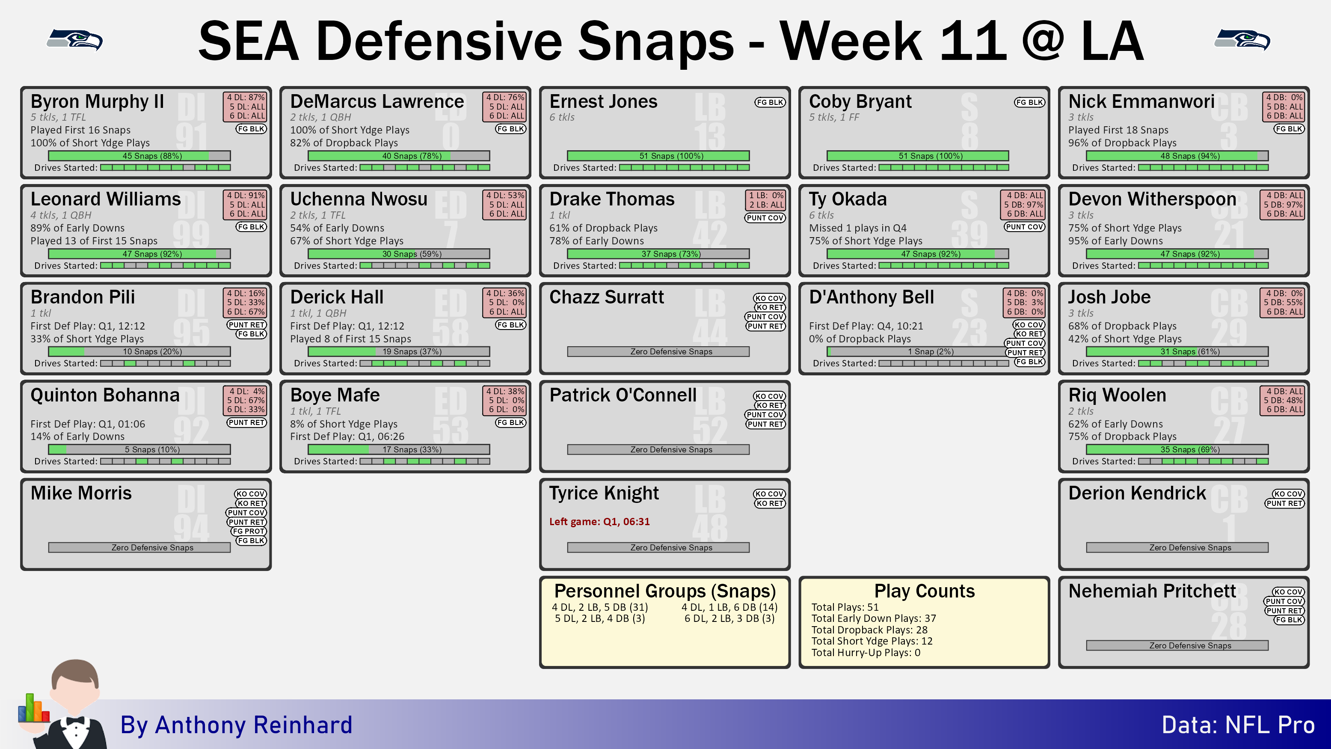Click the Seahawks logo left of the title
click(x=75, y=40)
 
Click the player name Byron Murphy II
click(x=97, y=101)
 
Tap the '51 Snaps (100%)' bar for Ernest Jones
click(x=658, y=156)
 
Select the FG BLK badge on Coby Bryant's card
click(x=1029, y=102)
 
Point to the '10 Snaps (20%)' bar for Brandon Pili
click(x=139, y=351)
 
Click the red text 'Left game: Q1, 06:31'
click(x=599, y=522)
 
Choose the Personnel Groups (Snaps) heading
click(x=665, y=591)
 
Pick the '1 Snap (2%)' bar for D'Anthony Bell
click(x=918, y=351)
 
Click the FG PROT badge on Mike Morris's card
click(x=249, y=532)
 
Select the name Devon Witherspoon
click(x=1152, y=199)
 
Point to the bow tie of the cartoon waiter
click(x=74, y=720)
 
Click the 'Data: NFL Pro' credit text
click(x=1238, y=725)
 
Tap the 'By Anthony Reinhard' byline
click(x=236, y=725)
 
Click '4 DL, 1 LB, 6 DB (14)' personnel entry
click(x=729, y=607)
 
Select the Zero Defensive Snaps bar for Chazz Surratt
click(x=658, y=351)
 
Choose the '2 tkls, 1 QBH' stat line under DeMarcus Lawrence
click(x=320, y=117)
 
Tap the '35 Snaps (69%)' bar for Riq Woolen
click(x=1177, y=450)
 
